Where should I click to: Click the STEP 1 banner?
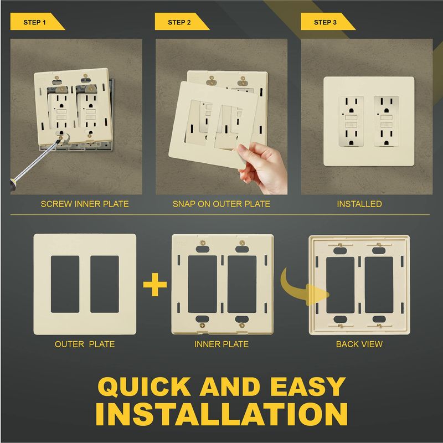[x=38, y=22]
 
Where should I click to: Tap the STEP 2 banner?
[x=182, y=22]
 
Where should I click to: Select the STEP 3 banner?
[x=328, y=22]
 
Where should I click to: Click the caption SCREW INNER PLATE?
[x=85, y=204]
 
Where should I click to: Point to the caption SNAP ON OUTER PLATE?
[x=221, y=204]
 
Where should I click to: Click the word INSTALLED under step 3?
[x=359, y=204]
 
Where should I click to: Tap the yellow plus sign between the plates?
[x=155, y=284]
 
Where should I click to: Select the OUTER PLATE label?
[x=85, y=344]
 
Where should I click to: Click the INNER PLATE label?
[x=221, y=344]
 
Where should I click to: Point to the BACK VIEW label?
[x=359, y=344]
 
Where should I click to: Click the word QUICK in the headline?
[x=144, y=387]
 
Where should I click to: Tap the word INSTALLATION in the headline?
[x=222, y=414]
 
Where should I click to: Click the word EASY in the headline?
[x=308, y=387]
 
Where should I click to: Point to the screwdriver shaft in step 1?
[x=37, y=160]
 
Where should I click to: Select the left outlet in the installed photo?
[x=351, y=121]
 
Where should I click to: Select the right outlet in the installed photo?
[x=386, y=121]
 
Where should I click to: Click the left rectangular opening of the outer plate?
[x=65, y=284]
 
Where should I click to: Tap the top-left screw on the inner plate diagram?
[x=202, y=243]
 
